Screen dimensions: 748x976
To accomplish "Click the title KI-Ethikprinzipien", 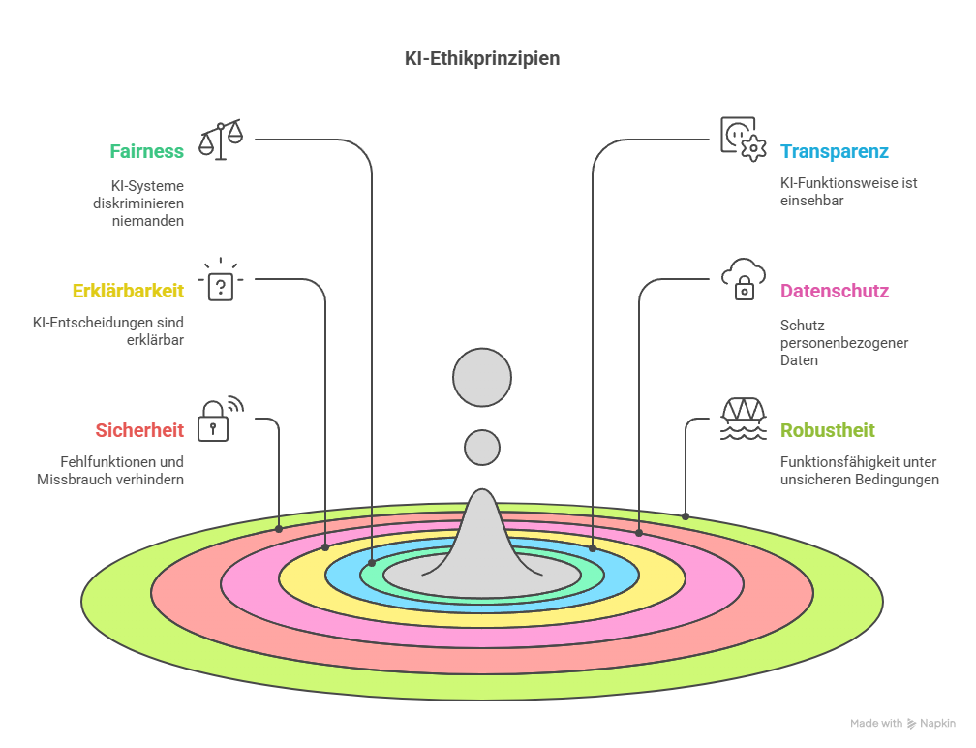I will pos(481,59).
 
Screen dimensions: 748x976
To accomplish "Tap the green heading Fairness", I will pos(146,152).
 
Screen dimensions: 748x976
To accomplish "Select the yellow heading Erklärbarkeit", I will pos(128,291).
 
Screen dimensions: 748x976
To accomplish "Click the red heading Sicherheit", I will pos(139,430).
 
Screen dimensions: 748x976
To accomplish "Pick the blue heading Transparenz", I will pos(834,152).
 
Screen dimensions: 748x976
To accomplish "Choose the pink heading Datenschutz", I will pos(834,291).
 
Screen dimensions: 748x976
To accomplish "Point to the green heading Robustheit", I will pos(828,430).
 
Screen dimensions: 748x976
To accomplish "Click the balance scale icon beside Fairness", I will pos(221,140).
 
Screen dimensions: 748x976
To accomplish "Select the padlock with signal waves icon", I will pos(219,419).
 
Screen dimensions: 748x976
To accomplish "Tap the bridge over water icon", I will pos(744,419).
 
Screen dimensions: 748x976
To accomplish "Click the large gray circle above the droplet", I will pos(482,377).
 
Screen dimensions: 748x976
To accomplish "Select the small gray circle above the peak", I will pos(482,448).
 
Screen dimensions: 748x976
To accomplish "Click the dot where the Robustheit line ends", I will pos(686,516).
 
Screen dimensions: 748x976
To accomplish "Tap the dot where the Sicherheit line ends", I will pos(279,529).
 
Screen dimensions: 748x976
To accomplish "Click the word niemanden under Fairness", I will pos(155,220).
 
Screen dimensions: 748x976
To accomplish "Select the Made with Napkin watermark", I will pos(902,724).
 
